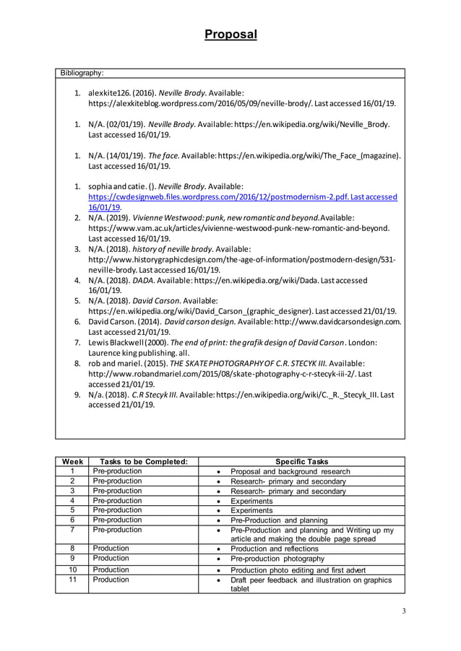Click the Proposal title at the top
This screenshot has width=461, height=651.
(230, 34)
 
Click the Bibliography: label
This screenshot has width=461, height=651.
(82, 73)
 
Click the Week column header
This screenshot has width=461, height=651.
(72, 462)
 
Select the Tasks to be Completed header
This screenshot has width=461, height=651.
(143, 462)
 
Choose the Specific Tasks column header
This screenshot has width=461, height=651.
(301, 462)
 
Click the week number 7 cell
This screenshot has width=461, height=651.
(72, 530)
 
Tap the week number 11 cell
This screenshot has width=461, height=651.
(72, 580)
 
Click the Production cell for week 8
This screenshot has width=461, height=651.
(111, 548)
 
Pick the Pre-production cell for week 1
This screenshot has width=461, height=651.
(118, 471)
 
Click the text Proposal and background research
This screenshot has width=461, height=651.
(290, 472)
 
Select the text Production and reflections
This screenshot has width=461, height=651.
(274, 549)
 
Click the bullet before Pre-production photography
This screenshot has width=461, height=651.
(218, 559)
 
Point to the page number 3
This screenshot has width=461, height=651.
(404, 612)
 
